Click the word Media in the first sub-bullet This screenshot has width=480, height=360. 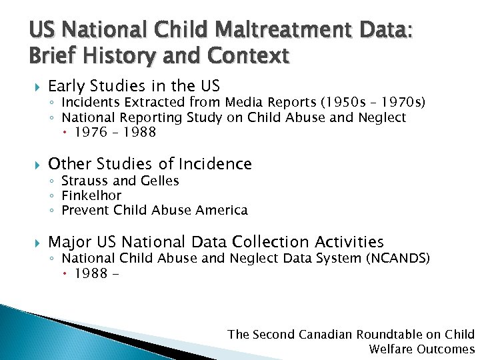point(243,102)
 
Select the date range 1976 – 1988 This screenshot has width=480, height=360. point(115,132)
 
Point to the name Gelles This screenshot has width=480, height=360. point(159,181)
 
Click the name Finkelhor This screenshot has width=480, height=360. point(91,195)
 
